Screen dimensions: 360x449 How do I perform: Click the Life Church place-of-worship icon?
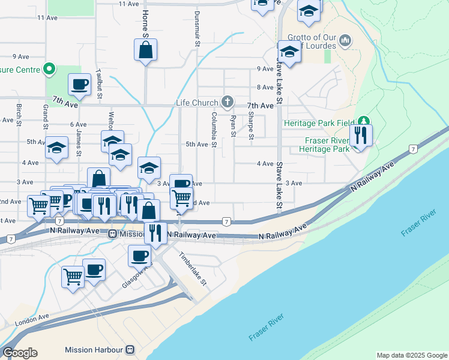(x=228, y=103)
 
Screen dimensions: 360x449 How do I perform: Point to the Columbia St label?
(x=213, y=129)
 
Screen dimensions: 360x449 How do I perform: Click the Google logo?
(x=20, y=353)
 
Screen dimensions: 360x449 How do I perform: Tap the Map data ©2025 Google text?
(x=411, y=355)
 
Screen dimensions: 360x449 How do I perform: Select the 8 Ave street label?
(x=265, y=88)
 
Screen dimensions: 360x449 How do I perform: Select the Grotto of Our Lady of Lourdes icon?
(x=345, y=41)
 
